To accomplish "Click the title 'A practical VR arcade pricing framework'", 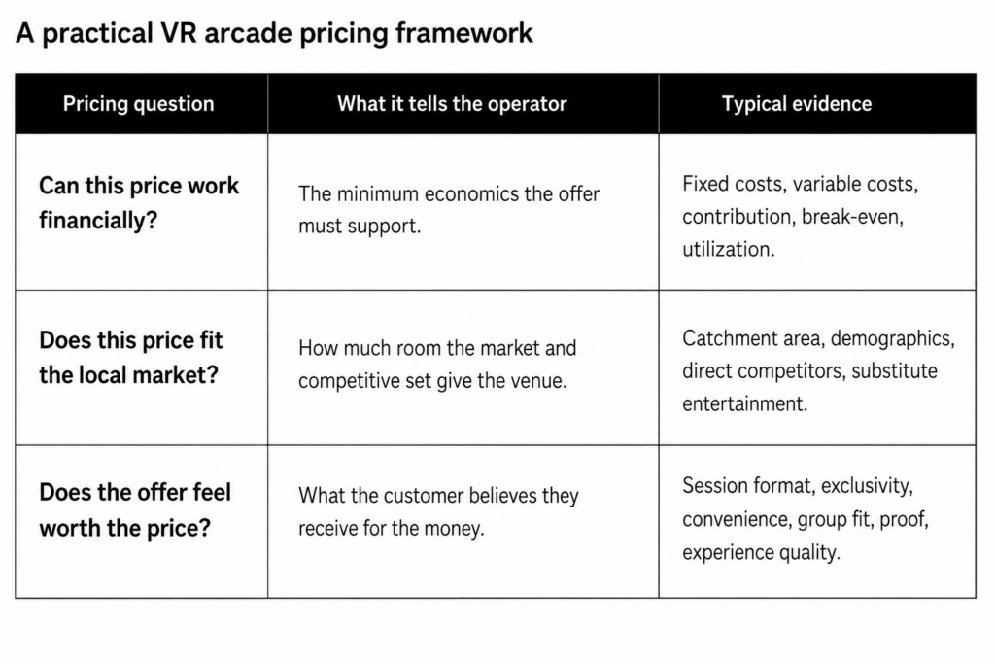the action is pyautogui.click(x=274, y=33).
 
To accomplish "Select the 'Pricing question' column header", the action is pyautogui.click(x=138, y=103).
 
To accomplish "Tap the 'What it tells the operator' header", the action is pyautogui.click(x=452, y=103).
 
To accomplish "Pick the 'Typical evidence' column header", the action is pyautogui.click(x=797, y=103).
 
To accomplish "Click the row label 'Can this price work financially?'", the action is pyautogui.click(x=139, y=202).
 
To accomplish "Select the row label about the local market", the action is pyautogui.click(x=131, y=358).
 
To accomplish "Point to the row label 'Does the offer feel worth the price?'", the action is pyautogui.click(x=135, y=509).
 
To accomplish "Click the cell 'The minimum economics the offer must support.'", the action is pyautogui.click(x=449, y=209).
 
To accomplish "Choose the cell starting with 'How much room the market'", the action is pyautogui.click(x=437, y=365).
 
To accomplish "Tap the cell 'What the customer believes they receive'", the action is pyautogui.click(x=438, y=511).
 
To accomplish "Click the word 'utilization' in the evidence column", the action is pyautogui.click(x=727, y=249).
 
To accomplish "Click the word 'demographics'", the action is pyautogui.click(x=891, y=339).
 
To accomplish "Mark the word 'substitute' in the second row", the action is pyautogui.click(x=894, y=370).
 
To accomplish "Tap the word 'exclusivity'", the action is pyautogui.click(x=866, y=486).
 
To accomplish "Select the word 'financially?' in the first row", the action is pyautogui.click(x=98, y=221).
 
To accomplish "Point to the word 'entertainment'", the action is pyautogui.click(x=743, y=403).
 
